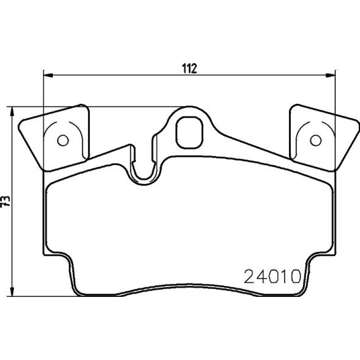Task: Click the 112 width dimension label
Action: click(x=190, y=68)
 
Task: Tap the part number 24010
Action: click(x=272, y=276)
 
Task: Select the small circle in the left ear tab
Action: click(x=63, y=140)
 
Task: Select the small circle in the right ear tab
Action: click(x=316, y=140)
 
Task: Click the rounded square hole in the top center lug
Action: click(x=189, y=132)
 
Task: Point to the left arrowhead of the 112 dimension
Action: click(x=48, y=75)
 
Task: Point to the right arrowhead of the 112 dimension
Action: click(x=331, y=75)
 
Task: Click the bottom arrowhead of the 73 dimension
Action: click(x=12, y=291)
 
